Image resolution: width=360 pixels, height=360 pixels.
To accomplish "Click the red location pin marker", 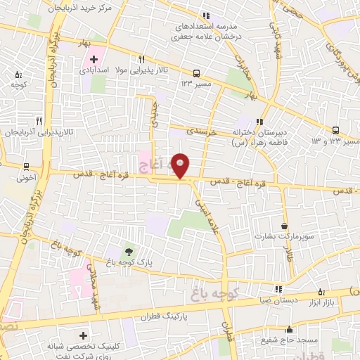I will (x=181, y=166).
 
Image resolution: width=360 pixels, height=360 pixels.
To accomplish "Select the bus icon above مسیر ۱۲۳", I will (x=196, y=72).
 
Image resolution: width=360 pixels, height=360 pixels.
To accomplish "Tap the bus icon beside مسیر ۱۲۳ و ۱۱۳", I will (x=336, y=130).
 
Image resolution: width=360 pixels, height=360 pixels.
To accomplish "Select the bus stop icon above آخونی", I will (x=26, y=167).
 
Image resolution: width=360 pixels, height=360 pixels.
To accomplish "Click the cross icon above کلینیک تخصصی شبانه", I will (x=84, y=337).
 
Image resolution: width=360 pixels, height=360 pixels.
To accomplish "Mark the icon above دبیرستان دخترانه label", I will (x=260, y=120).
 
